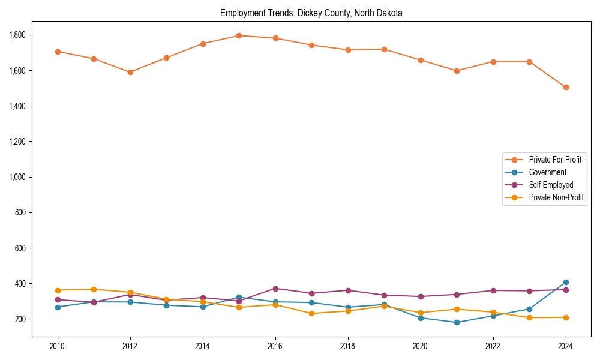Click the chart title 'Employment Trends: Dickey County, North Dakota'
[x=311, y=13]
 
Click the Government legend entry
[x=547, y=172]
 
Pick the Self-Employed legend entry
[x=551, y=185]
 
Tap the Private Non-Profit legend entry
[x=556, y=197]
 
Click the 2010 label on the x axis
[x=58, y=346]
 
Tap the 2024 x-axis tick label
[x=566, y=346]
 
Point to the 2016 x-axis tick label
[x=275, y=346]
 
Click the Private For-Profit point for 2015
[x=239, y=35]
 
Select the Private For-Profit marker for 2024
[x=566, y=87]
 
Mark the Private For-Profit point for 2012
[x=130, y=72]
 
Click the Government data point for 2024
[x=566, y=282]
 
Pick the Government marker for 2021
[x=457, y=322]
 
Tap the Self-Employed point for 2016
[x=275, y=289]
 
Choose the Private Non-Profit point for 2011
[x=94, y=289]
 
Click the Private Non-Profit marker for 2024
[x=566, y=317]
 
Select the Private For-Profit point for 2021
[x=457, y=71]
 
